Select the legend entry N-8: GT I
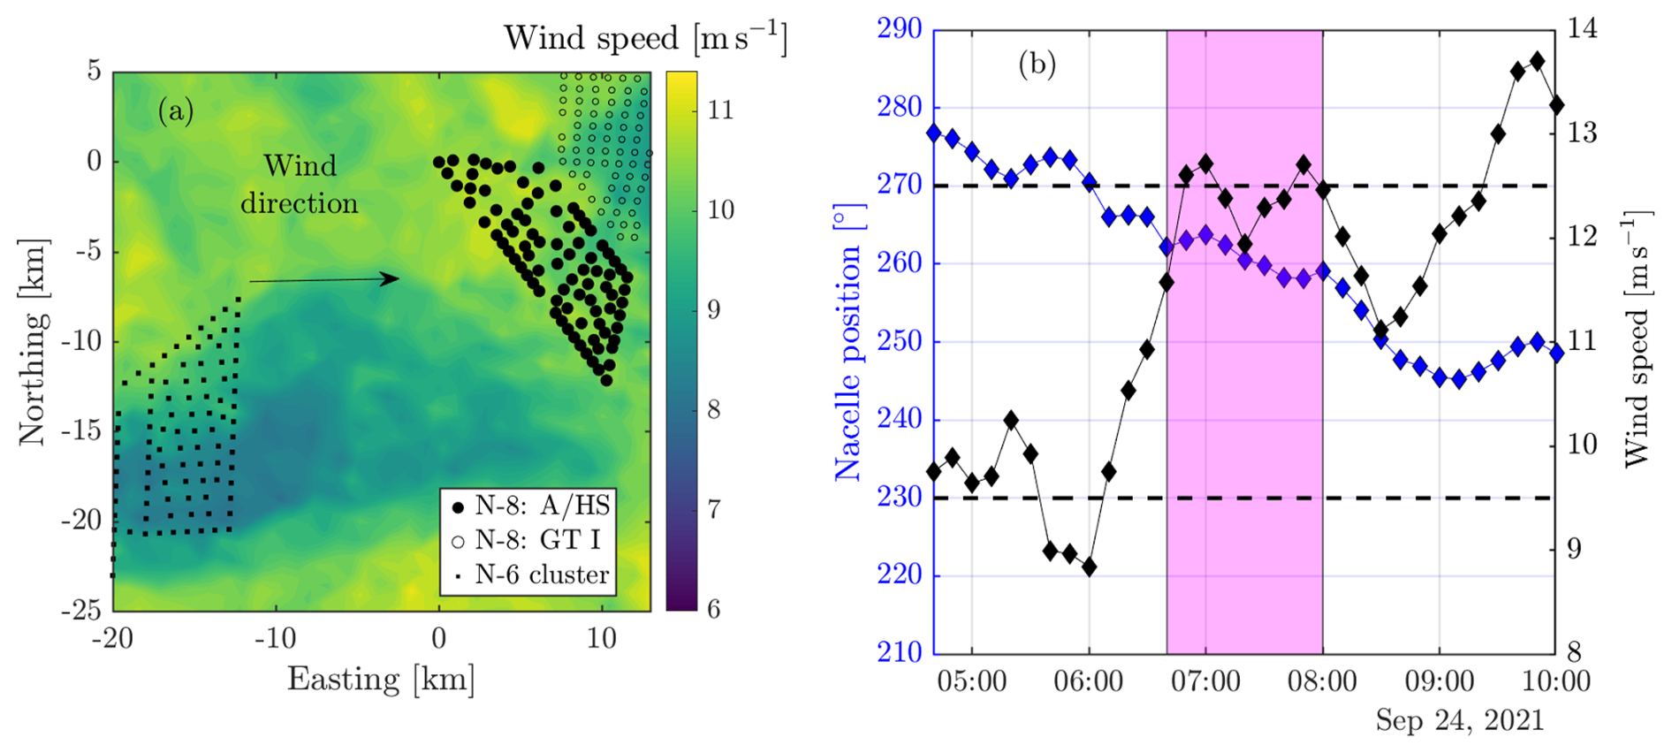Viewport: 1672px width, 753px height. pos(526,540)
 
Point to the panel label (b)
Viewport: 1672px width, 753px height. pos(1037,64)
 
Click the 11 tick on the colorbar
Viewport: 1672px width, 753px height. pos(721,110)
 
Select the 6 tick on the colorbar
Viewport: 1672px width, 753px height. pos(713,609)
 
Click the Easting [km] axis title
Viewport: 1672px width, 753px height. pos(381,679)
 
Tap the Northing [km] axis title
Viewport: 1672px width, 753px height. pos(32,341)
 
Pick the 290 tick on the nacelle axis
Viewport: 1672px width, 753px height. pos(899,29)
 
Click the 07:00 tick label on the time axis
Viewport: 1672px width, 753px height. pos(1205,681)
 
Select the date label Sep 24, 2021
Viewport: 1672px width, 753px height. pos(1460,719)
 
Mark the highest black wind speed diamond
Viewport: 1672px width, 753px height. pos(1537,61)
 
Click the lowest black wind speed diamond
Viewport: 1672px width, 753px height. pos(1089,567)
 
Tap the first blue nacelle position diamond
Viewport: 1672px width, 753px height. pos(934,133)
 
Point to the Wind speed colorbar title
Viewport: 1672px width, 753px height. pos(645,38)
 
